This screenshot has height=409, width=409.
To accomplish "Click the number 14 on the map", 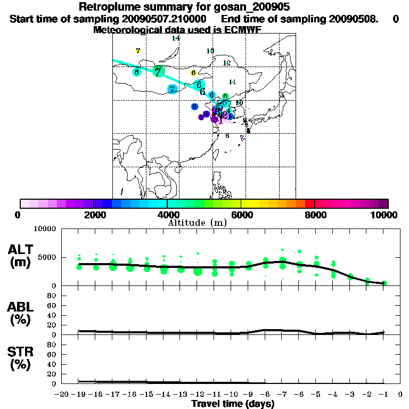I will pyautogui.click(x=175, y=38).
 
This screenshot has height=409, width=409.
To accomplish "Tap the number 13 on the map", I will pyautogui.click(x=210, y=51).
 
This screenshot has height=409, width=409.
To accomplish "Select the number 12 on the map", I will pyautogui.click(x=226, y=63).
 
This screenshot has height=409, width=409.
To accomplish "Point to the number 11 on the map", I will pyautogui.click(x=232, y=81).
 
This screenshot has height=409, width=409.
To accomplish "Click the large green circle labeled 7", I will pyautogui.click(x=158, y=71).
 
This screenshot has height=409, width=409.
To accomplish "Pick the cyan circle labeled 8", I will pyautogui.click(x=137, y=72).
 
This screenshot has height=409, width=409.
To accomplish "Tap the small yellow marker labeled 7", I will pyautogui.click(x=138, y=51).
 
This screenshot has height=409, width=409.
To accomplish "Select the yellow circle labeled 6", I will pyautogui.click(x=194, y=72).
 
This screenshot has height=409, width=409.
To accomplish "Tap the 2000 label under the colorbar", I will pyautogui.click(x=94, y=215).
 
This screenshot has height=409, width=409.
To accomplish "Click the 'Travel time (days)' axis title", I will pyautogui.click(x=233, y=404).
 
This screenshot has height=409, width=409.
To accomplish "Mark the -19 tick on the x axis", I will pyautogui.click(x=79, y=395).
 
